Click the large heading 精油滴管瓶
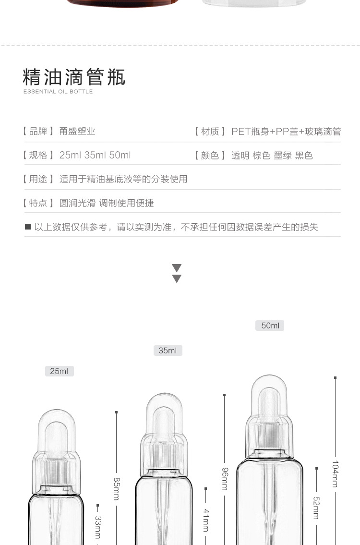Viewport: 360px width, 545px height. tap(74, 76)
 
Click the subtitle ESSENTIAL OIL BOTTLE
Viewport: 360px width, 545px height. tap(58, 92)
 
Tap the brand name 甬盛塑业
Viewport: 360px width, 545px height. tap(77, 131)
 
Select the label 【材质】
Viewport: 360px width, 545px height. tap(209, 131)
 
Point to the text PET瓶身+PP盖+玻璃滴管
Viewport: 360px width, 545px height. tap(286, 131)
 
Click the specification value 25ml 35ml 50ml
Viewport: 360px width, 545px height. tap(95, 155)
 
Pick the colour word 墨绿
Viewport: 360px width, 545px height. tap(283, 156)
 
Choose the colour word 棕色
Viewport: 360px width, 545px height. tap(262, 156)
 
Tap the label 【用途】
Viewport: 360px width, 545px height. tap(38, 179)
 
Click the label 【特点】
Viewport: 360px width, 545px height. tap(38, 203)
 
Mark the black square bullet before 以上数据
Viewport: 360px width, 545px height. tap(28, 227)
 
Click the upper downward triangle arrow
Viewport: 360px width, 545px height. tap(177, 268)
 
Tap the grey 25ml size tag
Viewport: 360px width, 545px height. tap(59, 371)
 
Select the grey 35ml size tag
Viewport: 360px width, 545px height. tap(168, 351)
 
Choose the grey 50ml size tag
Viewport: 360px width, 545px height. tap(270, 326)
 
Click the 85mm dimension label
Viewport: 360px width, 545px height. tap(117, 488)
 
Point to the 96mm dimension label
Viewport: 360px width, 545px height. tap(225, 478)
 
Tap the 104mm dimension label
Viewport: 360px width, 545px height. tap(336, 474)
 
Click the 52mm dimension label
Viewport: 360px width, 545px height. tap(316, 507)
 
